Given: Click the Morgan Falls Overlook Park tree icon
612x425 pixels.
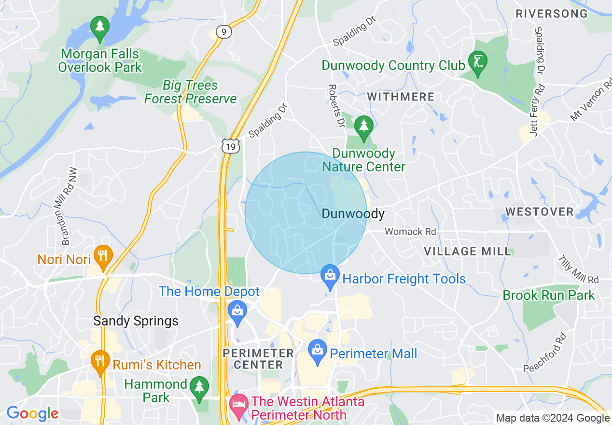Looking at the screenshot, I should click(100, 28).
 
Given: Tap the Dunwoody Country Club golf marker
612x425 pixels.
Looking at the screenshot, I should click(477, 63).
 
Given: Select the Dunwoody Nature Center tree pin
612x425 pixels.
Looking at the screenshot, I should click(363, 127).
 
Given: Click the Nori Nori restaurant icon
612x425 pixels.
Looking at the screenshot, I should click(102, 256).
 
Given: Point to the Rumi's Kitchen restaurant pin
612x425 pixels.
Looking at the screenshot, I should click(100, 362).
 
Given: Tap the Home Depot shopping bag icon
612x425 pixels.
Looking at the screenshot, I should click(237, 312).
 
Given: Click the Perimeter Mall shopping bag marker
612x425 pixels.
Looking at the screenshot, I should click(318, 351).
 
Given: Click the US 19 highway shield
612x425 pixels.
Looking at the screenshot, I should click(231, 146).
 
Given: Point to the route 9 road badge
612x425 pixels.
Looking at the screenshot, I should click(223, 32).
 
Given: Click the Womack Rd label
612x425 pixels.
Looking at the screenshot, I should click(410, 232).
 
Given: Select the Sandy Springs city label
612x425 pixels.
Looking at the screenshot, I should click(136, 321).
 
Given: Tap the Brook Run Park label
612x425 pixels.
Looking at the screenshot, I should click(549, 296).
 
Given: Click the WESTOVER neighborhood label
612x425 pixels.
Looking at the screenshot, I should click(539, 212).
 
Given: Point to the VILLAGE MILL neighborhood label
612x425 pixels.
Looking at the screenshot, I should click(467, 251).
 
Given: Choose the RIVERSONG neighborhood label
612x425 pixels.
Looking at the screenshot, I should click(552, 14).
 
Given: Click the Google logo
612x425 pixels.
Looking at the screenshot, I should click(32, 413).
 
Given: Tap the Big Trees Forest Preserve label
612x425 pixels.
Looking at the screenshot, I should click(191, 92).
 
